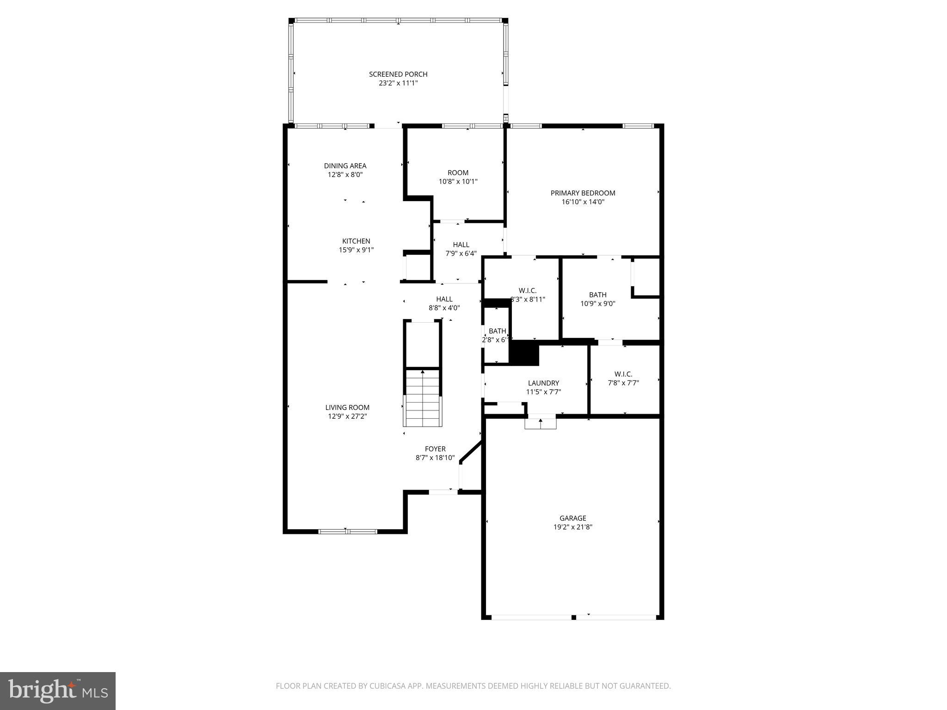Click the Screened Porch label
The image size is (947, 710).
(x=398, y=74)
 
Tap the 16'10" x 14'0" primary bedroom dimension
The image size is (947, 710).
(x=583, y=202)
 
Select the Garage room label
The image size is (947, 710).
(x=572, y=518)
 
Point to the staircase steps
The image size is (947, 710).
(x=423, y=398)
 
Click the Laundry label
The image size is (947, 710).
(x=543, y=383)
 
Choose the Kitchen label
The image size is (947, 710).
(x=356, y=241)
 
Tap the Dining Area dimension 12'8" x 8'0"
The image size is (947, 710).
(x=345, y=175)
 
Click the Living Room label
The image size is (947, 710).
(x=347, y=407)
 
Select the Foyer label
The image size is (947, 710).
(x=435, y=449)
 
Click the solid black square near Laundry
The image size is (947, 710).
(x=524, y=353)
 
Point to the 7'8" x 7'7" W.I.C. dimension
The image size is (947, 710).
(x=623, y=383)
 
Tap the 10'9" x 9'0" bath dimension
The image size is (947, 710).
(x=597, y=304)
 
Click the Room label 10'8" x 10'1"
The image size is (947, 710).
(x=458, y=173)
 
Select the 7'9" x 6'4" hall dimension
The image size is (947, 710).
(x=461, y=253)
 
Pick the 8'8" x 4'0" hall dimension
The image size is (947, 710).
(x=444, y=308)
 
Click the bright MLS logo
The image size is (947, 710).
(x=58, y=691)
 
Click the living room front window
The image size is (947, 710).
(x=348, y=532)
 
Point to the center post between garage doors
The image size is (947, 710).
(x=574, y=617)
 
